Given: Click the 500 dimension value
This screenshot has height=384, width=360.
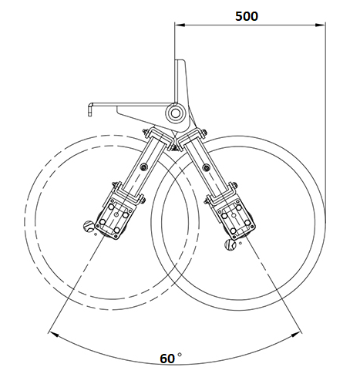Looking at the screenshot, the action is pyautogui.click(x=247, y=16).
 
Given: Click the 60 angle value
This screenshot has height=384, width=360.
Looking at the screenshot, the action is pyautogui.click(x=167, y=359).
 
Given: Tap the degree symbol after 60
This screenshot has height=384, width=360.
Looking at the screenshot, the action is pyautogui.click(x=180, y=355).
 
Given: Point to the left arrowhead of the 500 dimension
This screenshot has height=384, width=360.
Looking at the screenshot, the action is pyautogui.click(x=180, y=25).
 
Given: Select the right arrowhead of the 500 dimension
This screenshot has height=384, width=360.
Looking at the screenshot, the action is pyautogui.click(x=321, y=25).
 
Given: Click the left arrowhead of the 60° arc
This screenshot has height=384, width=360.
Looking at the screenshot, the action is pyautogui.click(x=53, y=335).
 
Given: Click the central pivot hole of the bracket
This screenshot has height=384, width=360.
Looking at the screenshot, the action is pyautogui.click(x=175, y=113).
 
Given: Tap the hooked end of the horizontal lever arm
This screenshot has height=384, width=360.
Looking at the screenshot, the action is pyautogui.click(x=89, y=109).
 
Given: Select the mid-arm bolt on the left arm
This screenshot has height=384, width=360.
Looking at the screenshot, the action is pyautogui.click(x=143, y=167).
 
